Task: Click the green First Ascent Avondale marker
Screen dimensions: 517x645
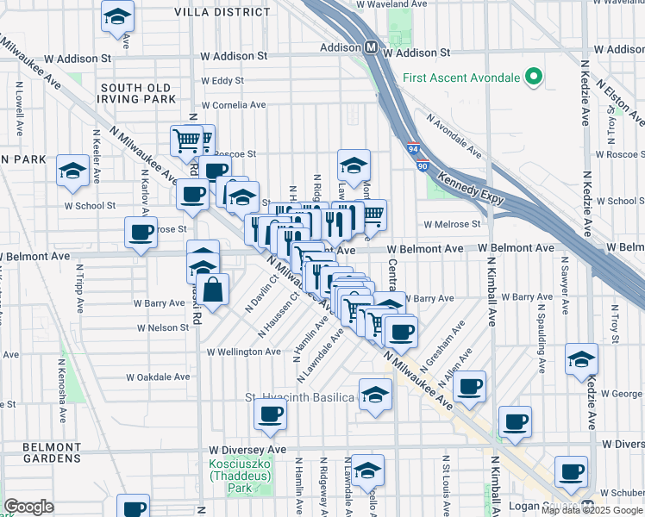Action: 533,78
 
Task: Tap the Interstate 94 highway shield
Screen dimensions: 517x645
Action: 413,148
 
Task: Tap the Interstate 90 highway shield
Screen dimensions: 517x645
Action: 423,165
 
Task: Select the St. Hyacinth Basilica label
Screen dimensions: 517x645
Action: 299,397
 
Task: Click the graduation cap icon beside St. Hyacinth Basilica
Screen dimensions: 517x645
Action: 375,394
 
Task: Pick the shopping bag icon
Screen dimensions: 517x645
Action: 212,290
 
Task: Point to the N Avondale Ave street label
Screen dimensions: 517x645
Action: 452,137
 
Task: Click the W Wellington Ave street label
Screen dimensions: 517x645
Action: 243,352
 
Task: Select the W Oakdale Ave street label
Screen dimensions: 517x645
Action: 158,377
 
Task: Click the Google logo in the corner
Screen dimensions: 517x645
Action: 28,507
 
